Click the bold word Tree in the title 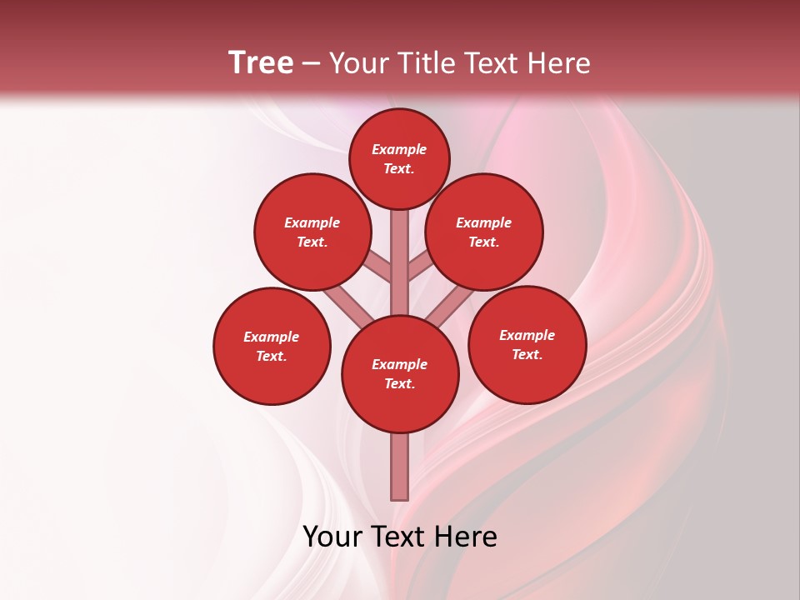click(261, 63)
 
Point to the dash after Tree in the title click(311, 64)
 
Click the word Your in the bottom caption click(332, 537)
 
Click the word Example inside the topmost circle click(399, 150)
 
